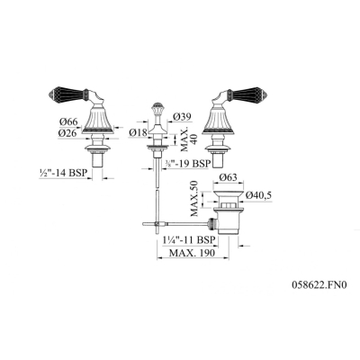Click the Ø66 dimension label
68,121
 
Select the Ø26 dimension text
68,133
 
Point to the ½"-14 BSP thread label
63,173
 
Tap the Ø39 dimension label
182,116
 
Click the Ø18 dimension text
139,132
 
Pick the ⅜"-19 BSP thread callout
186,164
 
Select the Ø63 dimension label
228,177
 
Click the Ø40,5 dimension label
258,195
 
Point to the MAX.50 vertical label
194,198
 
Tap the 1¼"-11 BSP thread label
189,240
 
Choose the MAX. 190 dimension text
193,253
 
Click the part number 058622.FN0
319,284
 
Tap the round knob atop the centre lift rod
156,106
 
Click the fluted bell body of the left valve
98,120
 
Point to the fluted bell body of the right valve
219,120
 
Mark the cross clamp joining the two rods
157,223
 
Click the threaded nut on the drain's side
212,224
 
